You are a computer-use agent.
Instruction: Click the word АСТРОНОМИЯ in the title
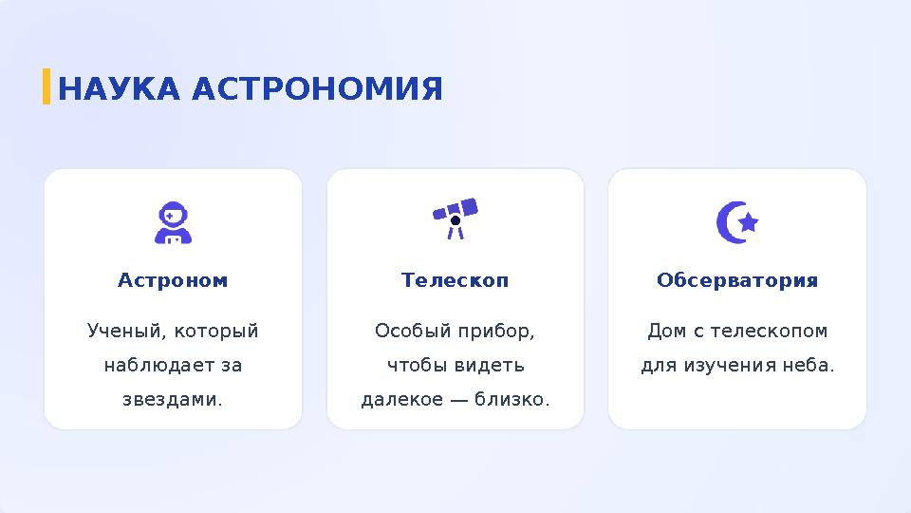point(317,89)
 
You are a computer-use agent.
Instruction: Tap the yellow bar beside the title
point(46,86)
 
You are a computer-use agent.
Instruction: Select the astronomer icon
point(173,222)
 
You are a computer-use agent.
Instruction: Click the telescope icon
point(455,218)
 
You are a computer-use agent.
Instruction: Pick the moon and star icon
point(736,222)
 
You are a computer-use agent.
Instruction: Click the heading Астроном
point(173,281)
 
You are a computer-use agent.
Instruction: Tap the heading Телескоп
point(455,281)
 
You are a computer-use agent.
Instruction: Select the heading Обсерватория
point(737,281)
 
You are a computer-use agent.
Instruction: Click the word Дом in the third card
point(665,332)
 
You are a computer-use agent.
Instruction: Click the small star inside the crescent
point(748,222)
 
